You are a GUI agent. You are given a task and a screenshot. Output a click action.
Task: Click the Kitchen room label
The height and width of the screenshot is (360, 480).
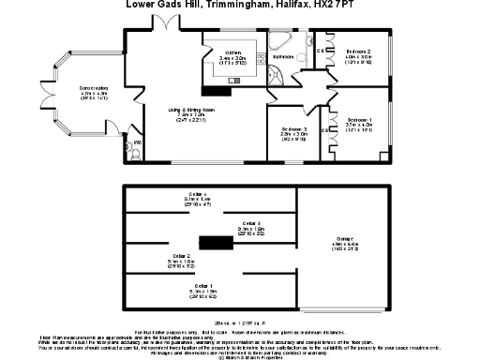pos(231,52)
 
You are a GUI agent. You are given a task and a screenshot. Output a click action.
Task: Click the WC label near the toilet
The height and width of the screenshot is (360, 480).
pos(136,142)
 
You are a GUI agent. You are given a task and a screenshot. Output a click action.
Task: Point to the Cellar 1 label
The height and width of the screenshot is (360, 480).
pos(202,285)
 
